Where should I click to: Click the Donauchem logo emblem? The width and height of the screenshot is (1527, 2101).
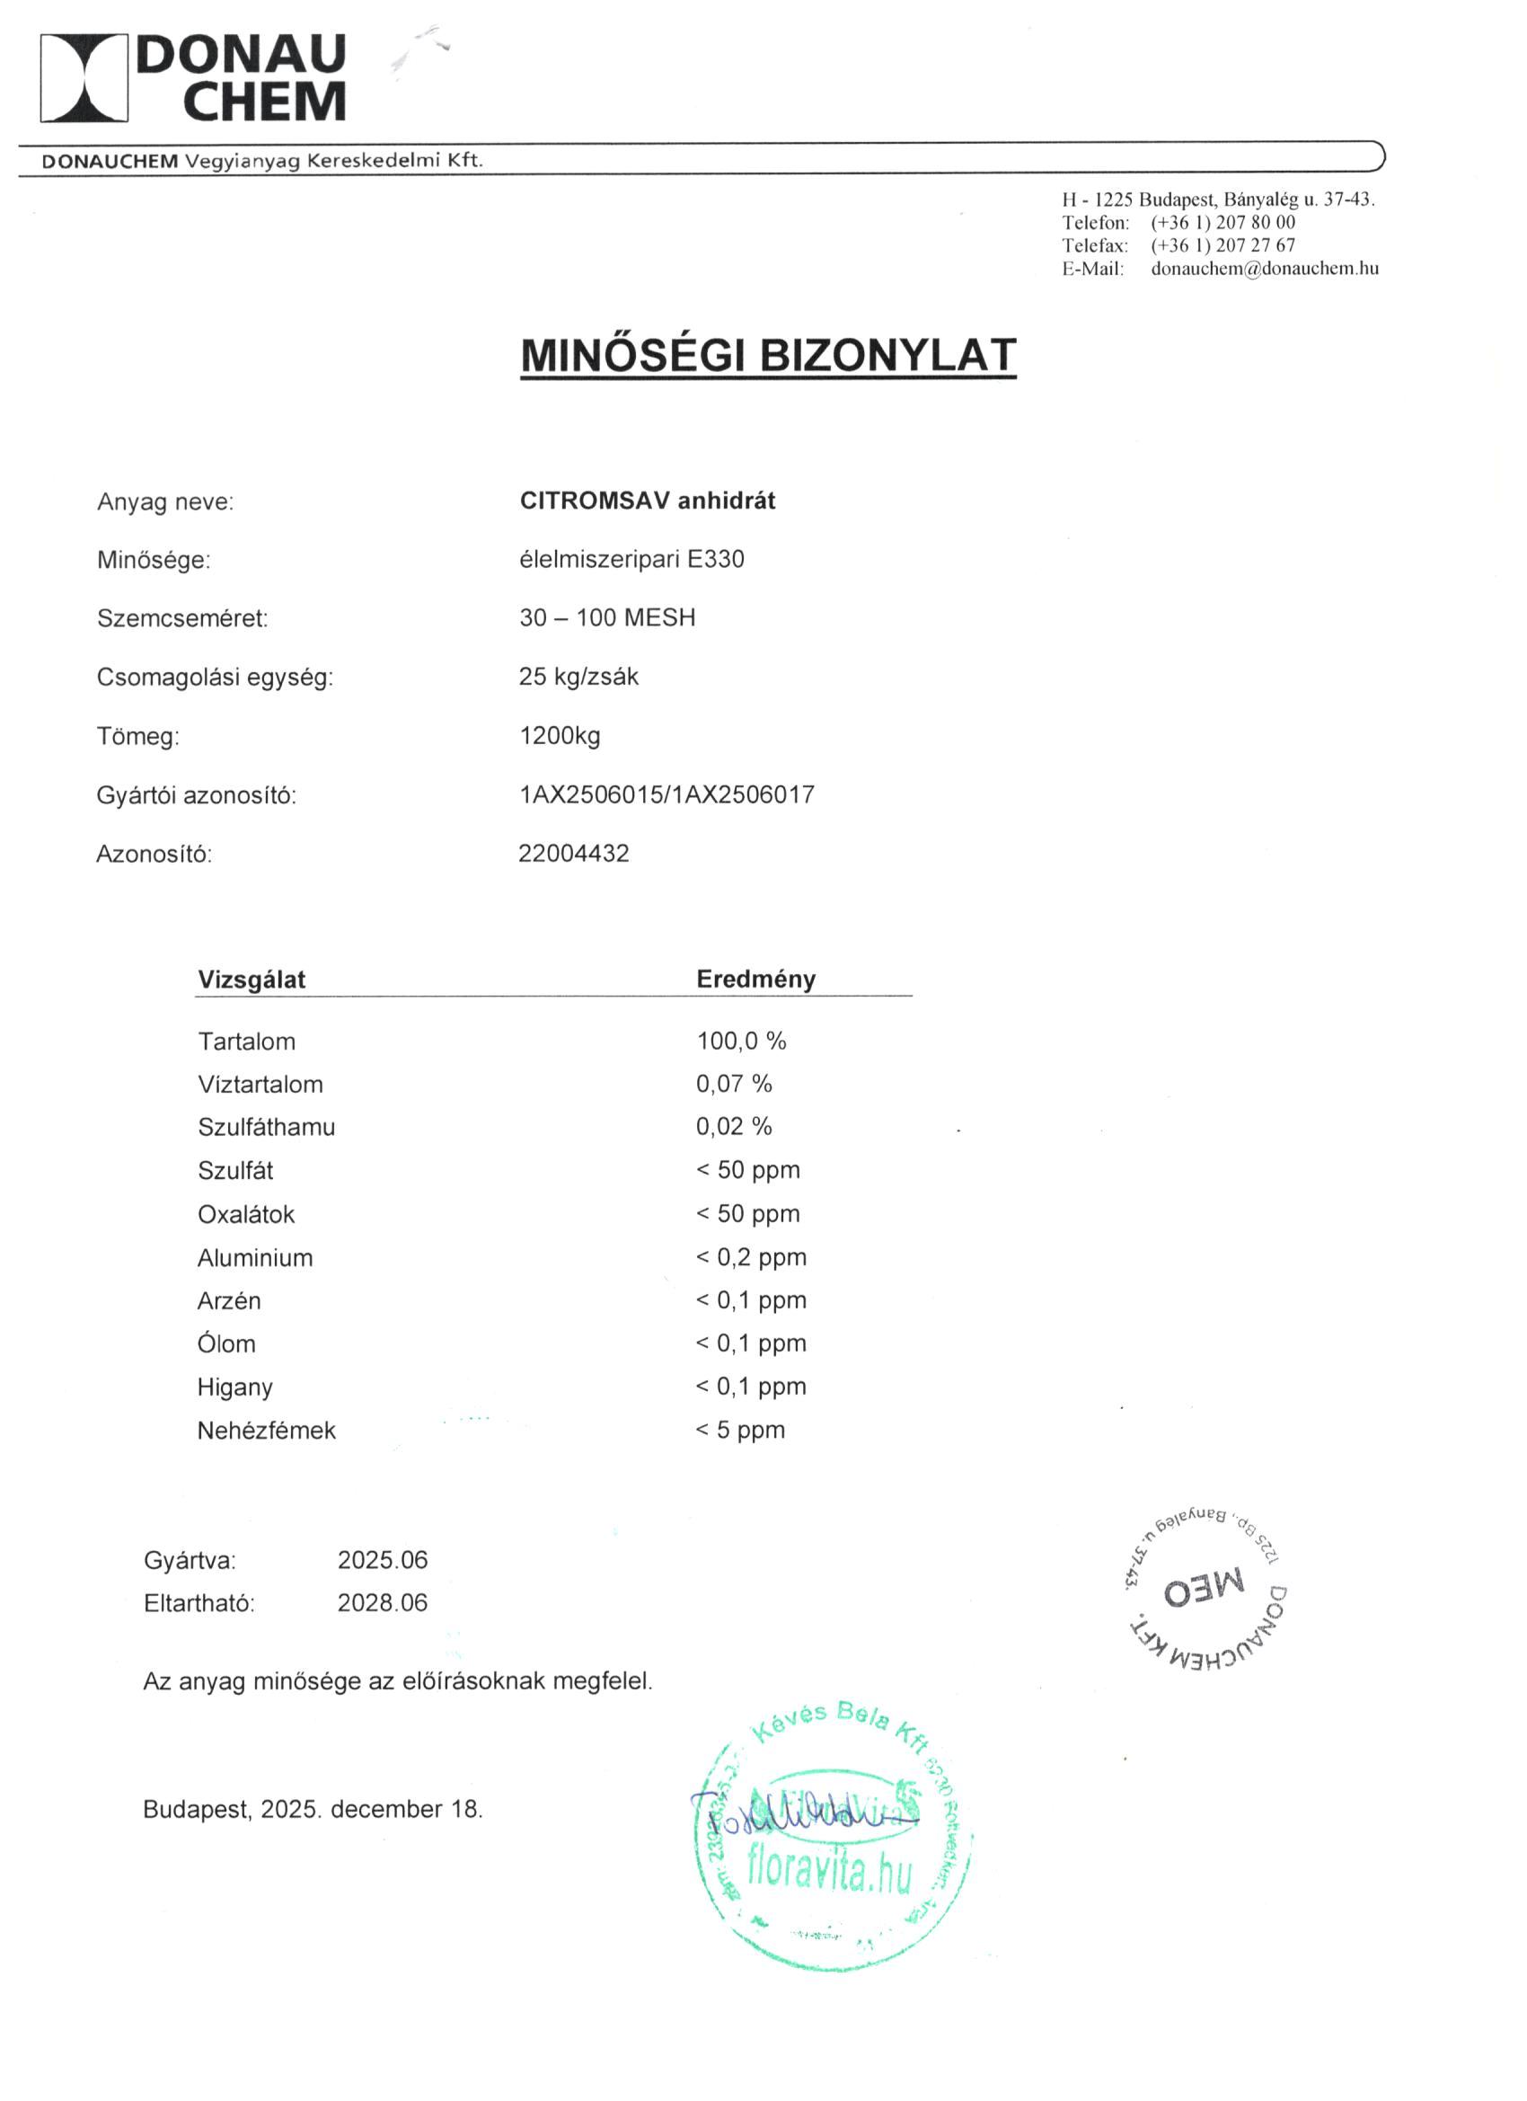click(84, 78)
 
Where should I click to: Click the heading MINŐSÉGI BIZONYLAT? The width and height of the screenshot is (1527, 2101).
click(768, 355)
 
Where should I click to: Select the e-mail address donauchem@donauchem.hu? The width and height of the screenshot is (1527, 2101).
click(1264, 269)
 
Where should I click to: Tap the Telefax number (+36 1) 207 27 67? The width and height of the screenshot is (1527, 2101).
click(1222, 245)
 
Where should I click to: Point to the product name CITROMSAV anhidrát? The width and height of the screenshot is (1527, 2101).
click(648, 501)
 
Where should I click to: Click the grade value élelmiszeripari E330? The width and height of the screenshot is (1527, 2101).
click(631, 560)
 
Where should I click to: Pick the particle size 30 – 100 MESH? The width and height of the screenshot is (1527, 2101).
click(606, 618)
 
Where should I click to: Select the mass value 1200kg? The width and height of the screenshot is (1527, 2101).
click(560, 737)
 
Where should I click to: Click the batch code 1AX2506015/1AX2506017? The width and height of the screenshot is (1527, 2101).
click(666, 794)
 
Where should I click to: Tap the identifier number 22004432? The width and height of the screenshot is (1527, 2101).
click(573, 853)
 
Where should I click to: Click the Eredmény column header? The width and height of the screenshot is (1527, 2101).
click(755, 980)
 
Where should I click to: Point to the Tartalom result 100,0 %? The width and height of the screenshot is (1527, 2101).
click(741, 1042)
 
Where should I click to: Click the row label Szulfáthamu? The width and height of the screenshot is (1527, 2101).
click(266, 1128)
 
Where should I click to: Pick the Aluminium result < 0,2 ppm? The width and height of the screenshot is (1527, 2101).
click(751, 1257)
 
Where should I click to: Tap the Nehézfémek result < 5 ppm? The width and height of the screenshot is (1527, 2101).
click(740, 1431)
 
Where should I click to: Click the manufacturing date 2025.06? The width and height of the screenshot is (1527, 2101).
click(383, 1560)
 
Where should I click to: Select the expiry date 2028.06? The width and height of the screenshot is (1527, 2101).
click(383, 1602)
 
